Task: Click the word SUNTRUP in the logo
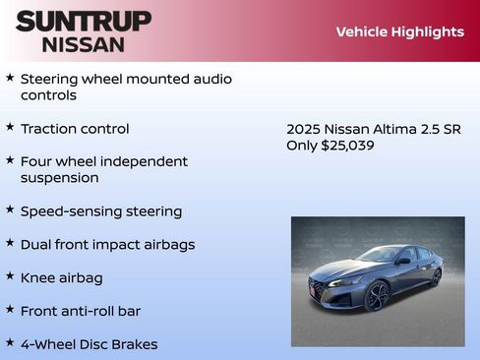(x=84, y=21)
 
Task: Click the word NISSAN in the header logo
(x=84, y=44)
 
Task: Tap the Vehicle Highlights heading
(x=399, y=31)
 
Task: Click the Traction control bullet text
(x=75, y=129)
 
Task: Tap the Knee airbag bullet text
(x=61, y=278)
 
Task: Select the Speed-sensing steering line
(x=101, y=211)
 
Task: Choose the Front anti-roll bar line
(x=81, y=311)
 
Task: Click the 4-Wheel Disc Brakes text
(x=89, y=344)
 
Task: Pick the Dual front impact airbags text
(x=108, y=245)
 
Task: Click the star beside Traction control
(x=10, y=128)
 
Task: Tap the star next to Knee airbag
(x=10, y=277)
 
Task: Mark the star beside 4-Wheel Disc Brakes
(x=10, y=343)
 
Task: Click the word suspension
(x=60, y=178)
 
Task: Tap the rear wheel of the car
(x=436, y=277)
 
